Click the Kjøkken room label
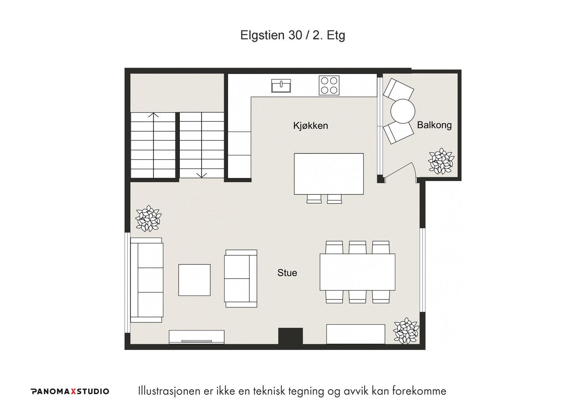[310, 126]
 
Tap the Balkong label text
[434, 125]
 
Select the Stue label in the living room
[287, 273]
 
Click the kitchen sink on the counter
[281, 86]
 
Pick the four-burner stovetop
[329, 86]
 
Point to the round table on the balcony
[403, 111]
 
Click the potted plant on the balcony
[441, 161]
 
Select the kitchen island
[329, 174]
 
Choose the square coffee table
[194, 280]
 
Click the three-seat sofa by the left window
[147, 280]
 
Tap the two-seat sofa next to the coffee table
[241, 279]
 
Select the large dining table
[358, 272]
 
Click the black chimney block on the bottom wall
[290, 336]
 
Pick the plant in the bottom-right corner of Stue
[406, 331]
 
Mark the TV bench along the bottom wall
[197, 337]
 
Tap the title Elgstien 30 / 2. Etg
[292, 35]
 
